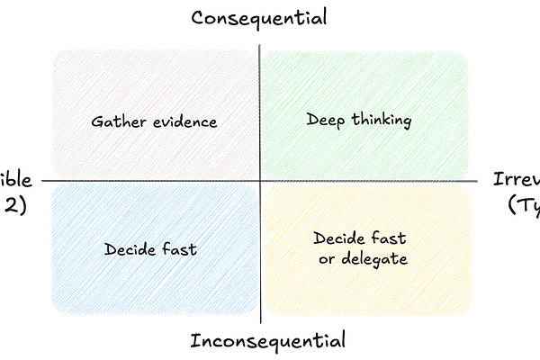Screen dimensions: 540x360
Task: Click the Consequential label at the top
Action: pos(258,17)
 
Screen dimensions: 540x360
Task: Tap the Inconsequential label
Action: pos(267,341)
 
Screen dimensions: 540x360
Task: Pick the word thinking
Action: pos(379,119)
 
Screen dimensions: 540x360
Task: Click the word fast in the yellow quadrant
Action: pos(389,239)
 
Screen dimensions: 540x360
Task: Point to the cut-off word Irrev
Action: pos(517,178)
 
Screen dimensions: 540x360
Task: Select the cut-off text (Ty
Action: pos(523,205)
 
